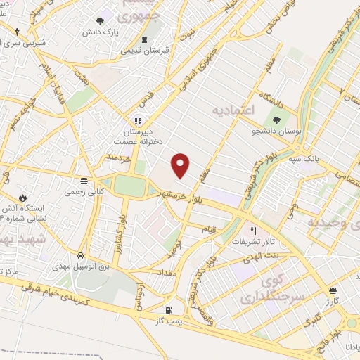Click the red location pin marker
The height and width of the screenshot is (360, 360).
coord(181,165)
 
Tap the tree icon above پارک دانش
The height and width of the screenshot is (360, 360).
coord(100,21)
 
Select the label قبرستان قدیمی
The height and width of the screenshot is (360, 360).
coord(143,51)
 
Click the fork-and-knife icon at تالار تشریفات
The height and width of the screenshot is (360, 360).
coord(254,231)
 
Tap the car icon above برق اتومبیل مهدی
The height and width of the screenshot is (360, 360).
coord(82,255)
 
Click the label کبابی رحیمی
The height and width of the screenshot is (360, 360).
coord(84,191)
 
